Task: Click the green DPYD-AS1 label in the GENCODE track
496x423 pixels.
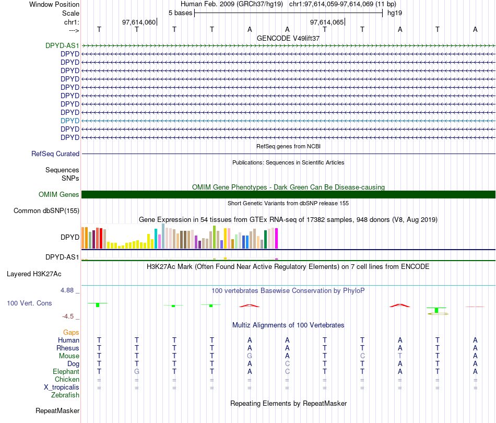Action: coord(62,45)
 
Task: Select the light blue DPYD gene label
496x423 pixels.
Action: coord(70,121)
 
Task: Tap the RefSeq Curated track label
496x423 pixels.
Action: coord(55,154)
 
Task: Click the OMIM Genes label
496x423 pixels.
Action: coord(59,195)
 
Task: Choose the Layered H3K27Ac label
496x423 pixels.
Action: coord(41,274)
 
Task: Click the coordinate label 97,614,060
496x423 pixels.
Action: coord(138,22)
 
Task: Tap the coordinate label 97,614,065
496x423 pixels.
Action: coord(327,22)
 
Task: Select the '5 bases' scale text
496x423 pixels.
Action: coord(180,13)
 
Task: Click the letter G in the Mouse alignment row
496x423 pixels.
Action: coord(250,356)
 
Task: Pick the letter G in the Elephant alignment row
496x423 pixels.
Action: coord(137,371)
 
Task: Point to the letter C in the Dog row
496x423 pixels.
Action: coord(287,363)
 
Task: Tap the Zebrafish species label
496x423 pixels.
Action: coord(65,395)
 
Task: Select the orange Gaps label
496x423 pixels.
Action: coord(71,333)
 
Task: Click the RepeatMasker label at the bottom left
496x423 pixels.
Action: coord(57,411)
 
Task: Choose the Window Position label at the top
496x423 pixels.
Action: coord(54,4)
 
